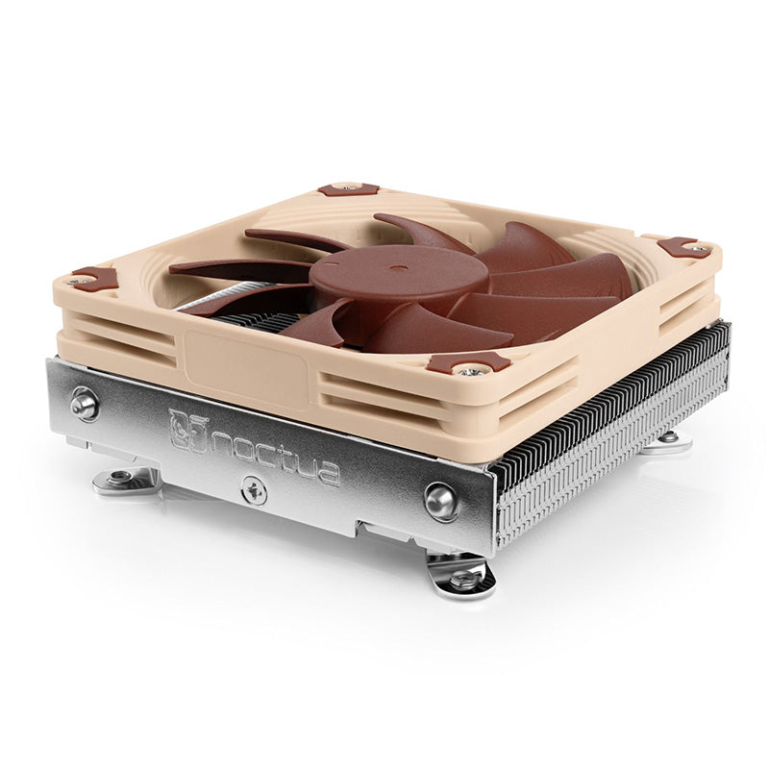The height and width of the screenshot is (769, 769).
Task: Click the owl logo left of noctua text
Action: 188,430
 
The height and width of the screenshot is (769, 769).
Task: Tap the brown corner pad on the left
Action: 94,279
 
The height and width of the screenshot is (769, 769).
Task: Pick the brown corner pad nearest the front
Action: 468,362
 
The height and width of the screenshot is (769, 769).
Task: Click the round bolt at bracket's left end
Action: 84,405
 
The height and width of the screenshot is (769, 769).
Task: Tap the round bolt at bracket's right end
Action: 441,501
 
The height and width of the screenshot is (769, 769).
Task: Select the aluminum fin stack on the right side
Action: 615,423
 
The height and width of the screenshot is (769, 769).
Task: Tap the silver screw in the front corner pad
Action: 471,369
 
